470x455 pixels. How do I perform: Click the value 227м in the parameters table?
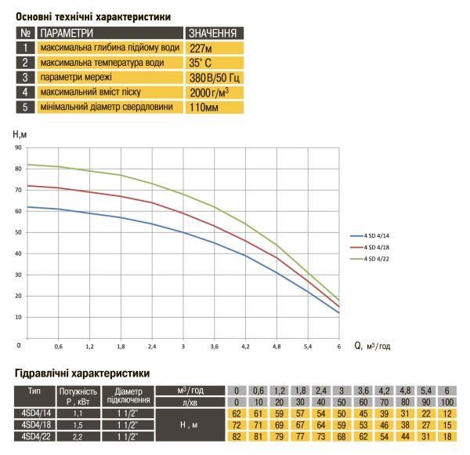pos(201,48)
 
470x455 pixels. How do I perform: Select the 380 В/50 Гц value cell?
pos(215,78)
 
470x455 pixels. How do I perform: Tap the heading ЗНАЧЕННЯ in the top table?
pos(212,33)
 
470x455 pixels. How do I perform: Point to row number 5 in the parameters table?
pos(25,107)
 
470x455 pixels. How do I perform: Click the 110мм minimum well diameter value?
pos(204,107)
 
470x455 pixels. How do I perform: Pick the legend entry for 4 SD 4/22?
pos(370,259)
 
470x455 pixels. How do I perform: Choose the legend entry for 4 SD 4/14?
pos(370,235)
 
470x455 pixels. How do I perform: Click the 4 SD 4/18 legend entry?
pos(370,247)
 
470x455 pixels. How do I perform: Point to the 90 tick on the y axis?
pos(18,147)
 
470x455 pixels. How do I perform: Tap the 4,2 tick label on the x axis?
pos(245,347)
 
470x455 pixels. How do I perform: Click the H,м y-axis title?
pos(20,134)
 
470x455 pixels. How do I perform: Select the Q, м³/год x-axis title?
pos(372,346)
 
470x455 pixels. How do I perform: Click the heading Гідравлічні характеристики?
pos(82,373)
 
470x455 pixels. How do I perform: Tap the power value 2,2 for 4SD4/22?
pos(78,437)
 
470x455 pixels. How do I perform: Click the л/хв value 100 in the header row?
pos(447,402)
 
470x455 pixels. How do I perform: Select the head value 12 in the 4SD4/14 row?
pos(447,413)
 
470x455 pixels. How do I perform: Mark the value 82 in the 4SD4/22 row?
pos(237,436)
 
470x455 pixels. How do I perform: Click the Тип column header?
pos(34,391)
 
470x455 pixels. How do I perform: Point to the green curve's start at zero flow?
pos(27,165)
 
